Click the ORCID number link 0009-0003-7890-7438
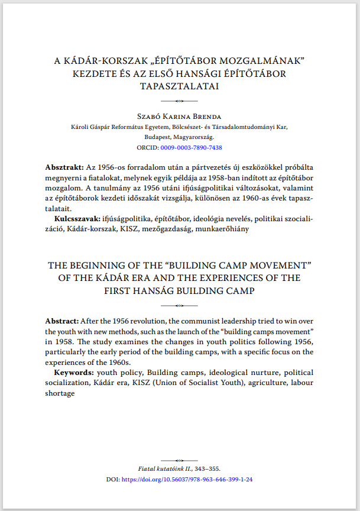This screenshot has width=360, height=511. [191, 147]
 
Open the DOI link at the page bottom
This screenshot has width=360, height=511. [187, 480]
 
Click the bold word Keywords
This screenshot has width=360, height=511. [73, 373]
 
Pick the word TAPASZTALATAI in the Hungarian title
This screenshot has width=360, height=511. [180, 86]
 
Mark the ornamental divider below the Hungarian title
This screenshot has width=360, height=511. [180, 102]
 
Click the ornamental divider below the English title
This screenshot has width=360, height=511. [180, 306]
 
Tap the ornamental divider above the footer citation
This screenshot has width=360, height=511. [180, 459]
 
